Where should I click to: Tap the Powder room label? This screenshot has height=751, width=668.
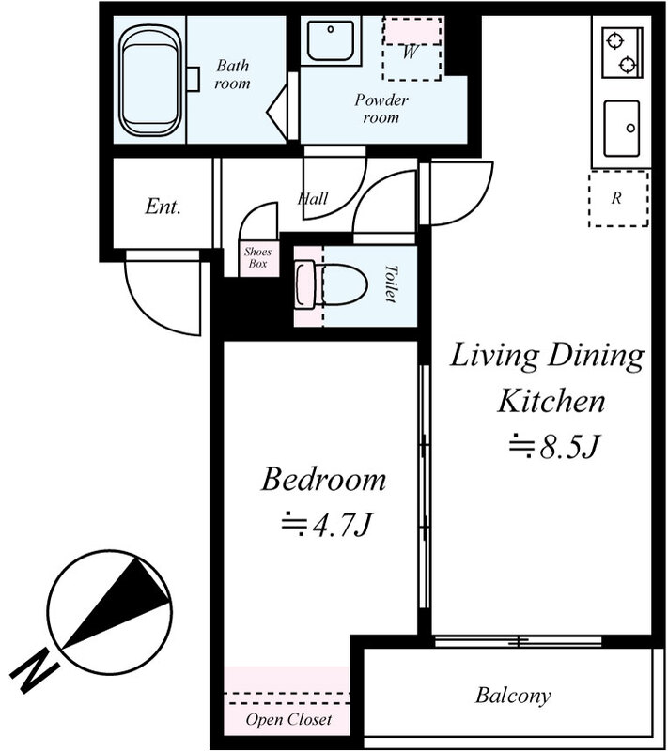(x=376, y=109)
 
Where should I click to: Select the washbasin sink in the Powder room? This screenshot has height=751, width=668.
(x=329, y=40)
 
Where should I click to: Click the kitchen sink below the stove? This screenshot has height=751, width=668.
(x=621, y=128)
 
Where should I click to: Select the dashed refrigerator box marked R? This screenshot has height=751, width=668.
(x=618, y=199)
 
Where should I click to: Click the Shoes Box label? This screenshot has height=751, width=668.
(x=256, y=257)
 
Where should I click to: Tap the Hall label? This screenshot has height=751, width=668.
(x=312, y=199)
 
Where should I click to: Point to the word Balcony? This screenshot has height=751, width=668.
(x=512, y=697)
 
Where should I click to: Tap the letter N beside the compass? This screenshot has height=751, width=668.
(x=36, y=669)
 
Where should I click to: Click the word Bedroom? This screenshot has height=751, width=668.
(x=323, y=480)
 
